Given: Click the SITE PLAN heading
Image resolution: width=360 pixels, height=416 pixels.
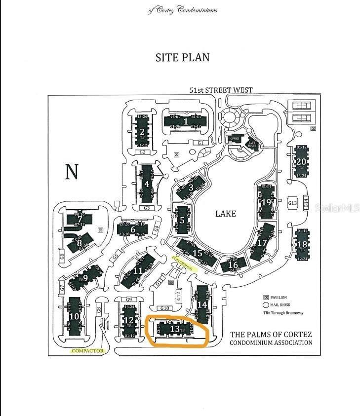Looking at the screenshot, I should pos(182,57).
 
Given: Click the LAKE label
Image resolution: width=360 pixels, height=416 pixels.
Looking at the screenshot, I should pos(226,214).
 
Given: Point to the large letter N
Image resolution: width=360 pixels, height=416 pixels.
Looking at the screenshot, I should pos(72,171).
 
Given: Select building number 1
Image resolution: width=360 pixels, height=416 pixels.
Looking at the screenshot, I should pos(186,121).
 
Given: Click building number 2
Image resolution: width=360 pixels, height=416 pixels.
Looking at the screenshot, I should pos(142,132).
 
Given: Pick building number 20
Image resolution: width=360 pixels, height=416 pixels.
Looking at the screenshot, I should pos(301,161).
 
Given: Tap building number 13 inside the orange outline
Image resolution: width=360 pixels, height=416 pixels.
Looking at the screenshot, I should pos(174,328).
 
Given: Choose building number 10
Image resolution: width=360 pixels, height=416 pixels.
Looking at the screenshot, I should pos(74,316).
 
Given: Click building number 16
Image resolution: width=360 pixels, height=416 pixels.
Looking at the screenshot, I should pos(234,265).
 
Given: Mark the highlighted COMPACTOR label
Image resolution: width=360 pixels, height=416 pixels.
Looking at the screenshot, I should pos(88,351).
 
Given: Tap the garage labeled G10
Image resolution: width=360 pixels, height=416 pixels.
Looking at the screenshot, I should pos(164,308).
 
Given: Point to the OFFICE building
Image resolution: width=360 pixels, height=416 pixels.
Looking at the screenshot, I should pos(235,139).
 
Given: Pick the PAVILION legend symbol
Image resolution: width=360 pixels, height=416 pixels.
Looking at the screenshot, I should pos(266,298).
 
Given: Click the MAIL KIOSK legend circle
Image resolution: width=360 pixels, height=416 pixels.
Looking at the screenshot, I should pos(266,305).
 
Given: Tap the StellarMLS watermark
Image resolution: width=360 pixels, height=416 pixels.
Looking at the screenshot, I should pos(337,208).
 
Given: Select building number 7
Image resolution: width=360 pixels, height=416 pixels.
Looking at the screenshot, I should pos(80,220).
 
